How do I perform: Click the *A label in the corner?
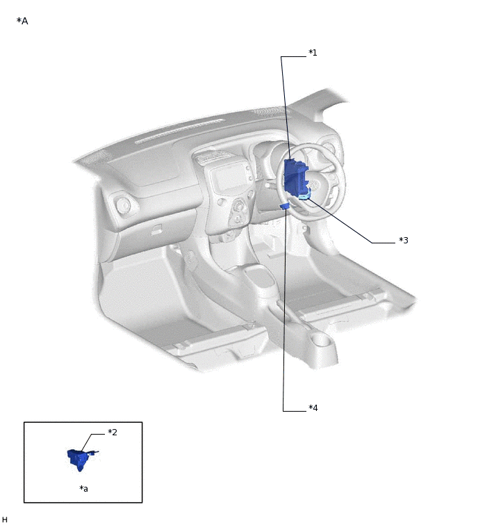(22, 21)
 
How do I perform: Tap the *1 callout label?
(313, 53)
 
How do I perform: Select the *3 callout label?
(404, 240)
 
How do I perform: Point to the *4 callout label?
(313, 407)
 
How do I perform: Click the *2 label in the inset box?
(113, 433)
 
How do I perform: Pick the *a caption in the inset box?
(83, 489)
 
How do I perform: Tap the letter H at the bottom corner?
(4, 519)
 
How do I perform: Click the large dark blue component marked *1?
(295, 177)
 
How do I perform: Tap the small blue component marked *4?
(285, 206)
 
